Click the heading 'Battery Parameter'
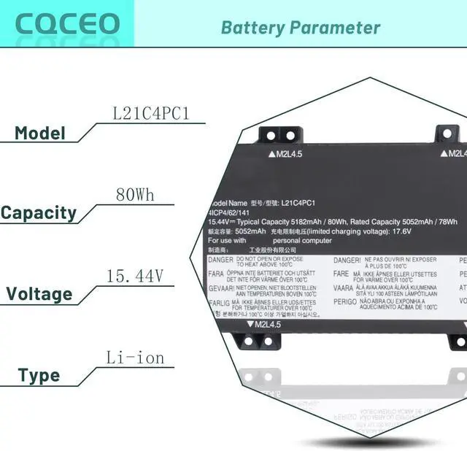(x=301, y=28)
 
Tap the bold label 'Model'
(x=40, y=134)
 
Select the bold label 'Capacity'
(x=49, y=213)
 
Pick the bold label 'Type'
(x=39, y=377)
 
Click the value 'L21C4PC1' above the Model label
(x=151, y=114)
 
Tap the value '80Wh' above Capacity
(x=135, y=195)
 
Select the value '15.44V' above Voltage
(x=135, y=277)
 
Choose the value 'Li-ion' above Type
(x=135, y=358)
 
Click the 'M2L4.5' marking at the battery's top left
(x=290, y=154)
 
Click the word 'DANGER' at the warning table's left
(x=220, y=260)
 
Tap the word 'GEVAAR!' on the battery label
(x=222, y=288)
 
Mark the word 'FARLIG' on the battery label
(x=220, y=301)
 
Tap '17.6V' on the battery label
(x=401, y=231)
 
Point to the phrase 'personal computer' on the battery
(x=303, y=240)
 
